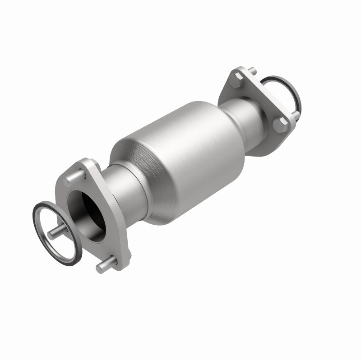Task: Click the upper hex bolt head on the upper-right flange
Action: (x=238, y=81)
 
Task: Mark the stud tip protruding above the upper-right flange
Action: (x=252, y=71)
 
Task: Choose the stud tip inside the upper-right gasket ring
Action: (x=296, y=115)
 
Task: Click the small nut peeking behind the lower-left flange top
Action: (x=96, y=163)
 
